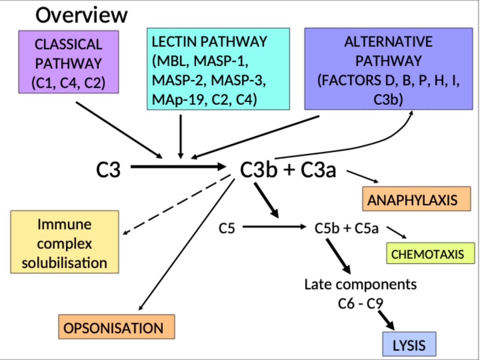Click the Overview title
click(x=81, y=15)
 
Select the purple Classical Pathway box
click(x=68, y=62)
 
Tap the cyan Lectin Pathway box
click(x=218, y=69)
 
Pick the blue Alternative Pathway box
click(x=388, y=69)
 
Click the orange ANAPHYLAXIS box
click(x=416, y=199)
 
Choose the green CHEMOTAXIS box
click(x=430, y=253)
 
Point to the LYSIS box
click(x=409, y=344)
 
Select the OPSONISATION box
click(x=117, y=327)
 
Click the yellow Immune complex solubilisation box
click(x=64, y=242)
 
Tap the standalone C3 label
click(x=108, y=169)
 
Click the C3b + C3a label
click(x=288, y=170)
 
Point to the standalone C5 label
click(x=227, y=228)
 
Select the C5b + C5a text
click(x=346, y=228)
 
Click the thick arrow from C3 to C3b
click(x=178, y=167)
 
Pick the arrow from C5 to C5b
click(x=273, y=227)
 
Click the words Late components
click(x=360, y=284)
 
